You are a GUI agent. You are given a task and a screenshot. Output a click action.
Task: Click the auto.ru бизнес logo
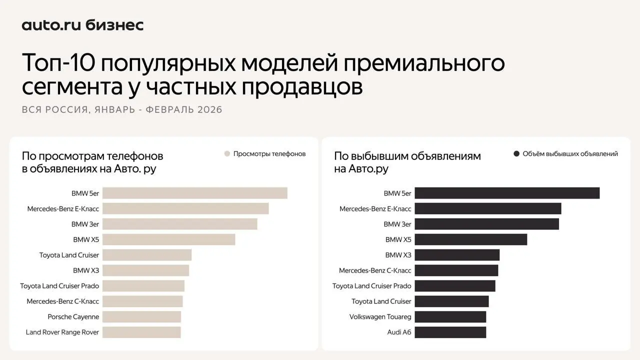[x=82, y=25]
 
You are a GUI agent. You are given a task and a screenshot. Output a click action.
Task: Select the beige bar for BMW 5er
[x=195, y=193]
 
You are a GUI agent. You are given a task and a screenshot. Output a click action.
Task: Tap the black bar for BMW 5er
[x=507, y=193]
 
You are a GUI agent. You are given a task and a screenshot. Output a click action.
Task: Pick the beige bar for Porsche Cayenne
[x=141, y=317]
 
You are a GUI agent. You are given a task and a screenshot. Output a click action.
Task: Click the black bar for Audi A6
[x=450, y=332]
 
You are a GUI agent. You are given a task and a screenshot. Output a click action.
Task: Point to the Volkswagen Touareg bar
[x=450, y=317]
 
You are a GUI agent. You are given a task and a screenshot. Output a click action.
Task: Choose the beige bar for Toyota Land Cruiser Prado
[x=143, y=286]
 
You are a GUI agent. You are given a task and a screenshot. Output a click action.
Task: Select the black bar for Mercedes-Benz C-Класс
[x=456, y=270]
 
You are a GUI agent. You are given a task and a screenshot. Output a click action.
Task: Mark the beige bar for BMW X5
[x=168, y=239]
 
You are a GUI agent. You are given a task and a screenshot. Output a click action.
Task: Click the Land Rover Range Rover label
[x=62, y=332]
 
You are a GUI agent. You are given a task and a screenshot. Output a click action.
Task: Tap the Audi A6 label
[x=399, y=332]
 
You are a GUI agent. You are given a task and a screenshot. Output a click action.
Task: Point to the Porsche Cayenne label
[x=73, y=317]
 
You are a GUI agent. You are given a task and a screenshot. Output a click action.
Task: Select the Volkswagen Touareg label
[x=380, y=317]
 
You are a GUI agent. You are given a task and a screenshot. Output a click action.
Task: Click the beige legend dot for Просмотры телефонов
[x=227, y=154]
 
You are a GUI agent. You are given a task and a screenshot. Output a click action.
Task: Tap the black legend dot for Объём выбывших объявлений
[x=516, y=154]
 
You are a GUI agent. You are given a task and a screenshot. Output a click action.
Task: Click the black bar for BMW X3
[x=457, y=255]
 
